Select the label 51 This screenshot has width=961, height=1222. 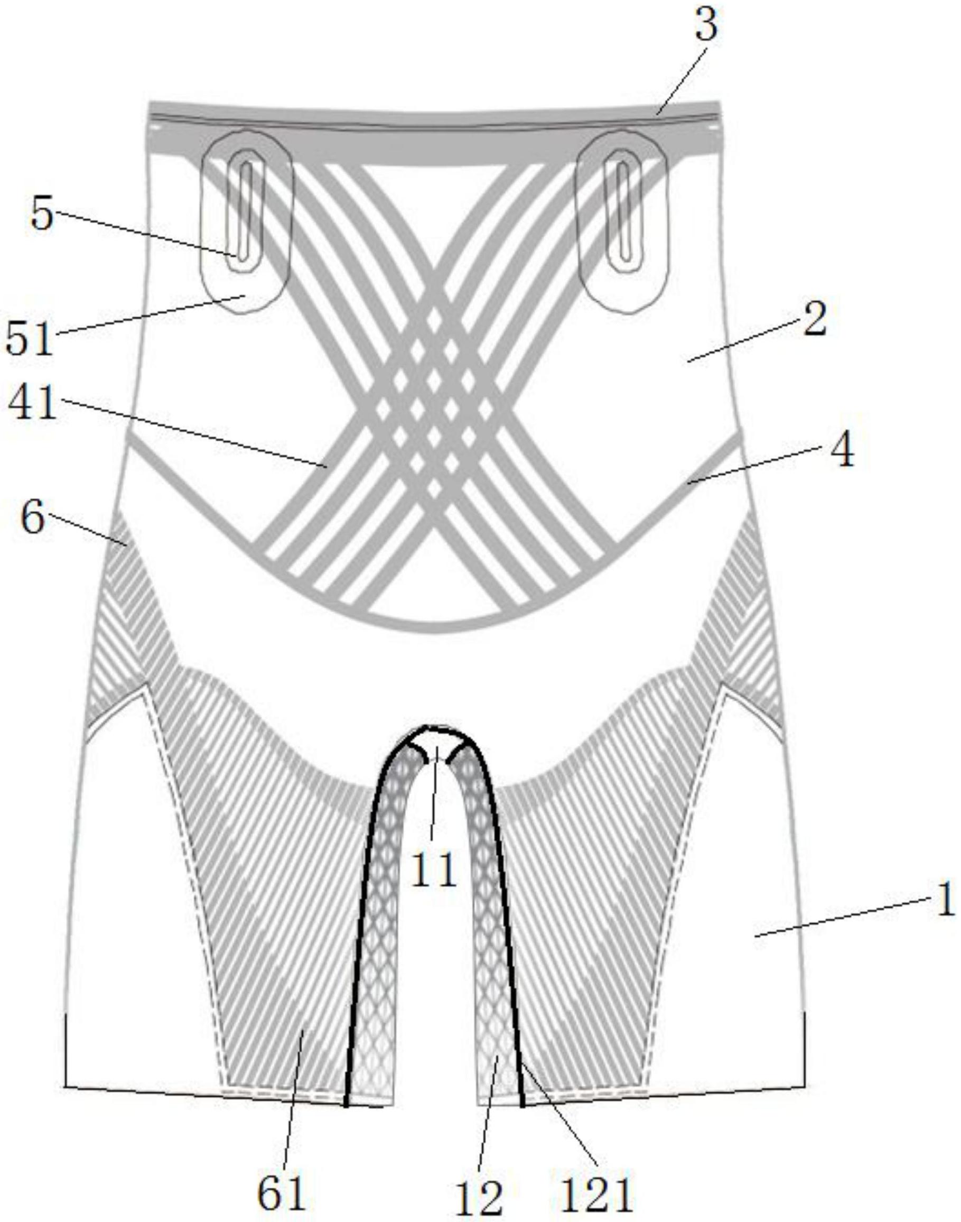(x=29, y=337)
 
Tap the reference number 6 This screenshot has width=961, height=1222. (x=32, y=518)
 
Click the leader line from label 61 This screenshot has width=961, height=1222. (x=293, y=1086)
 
